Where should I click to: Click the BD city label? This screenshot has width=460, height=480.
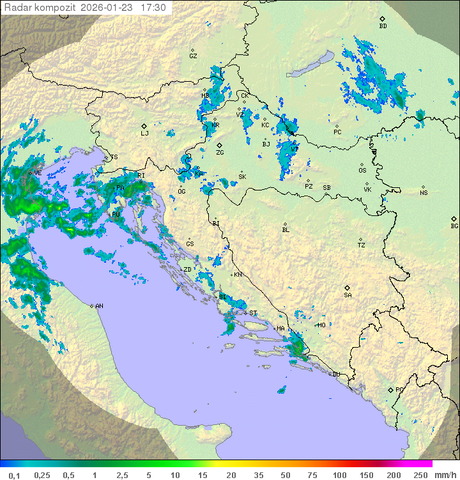[383, 26]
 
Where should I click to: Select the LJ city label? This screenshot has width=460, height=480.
[144, 134]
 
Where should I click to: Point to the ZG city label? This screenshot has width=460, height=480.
[220, 153]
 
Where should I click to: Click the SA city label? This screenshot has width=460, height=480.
[348, 295]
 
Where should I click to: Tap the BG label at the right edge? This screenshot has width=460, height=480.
[454, 226]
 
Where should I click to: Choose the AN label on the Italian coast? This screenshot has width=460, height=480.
[99, 306]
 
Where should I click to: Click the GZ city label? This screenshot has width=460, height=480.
[193, 56]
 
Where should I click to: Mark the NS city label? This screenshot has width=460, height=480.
[424, 193]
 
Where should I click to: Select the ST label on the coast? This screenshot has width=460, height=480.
[253, 313]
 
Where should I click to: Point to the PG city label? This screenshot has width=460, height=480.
[399, 389]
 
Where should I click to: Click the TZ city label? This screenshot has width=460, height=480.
[362, 245]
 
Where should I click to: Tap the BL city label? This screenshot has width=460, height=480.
[286, 230]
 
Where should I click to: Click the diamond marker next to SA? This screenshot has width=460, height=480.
[348, 288]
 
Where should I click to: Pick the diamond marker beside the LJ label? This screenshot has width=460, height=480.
[144, 126]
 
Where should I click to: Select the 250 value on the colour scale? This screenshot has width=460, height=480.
[420, 475]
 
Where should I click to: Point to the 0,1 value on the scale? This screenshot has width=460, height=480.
[14, 475]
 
